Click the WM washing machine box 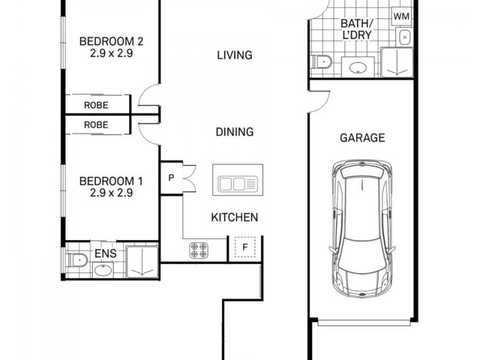(x=401, y=16)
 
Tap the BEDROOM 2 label (x=111, y=41)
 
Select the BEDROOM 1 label (x=111, y=181)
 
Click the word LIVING (x=235, y=55)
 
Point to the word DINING (x=235, y=132)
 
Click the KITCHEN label (x=235, y=217)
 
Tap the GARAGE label (x=362, y=138)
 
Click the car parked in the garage (x=362, y=229)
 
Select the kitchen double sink (x=238, y=184)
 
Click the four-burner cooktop (x=199, y=250)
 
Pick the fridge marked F (x=245, y=247)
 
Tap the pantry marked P (x=172, y=178)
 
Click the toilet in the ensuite (x=77, y=260)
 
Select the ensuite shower (x=142, y=262)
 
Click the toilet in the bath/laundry (x=321, y=62)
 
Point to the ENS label (x=106, y=253)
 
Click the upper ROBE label (x=96, y=106)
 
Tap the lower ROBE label (x=96, y=125)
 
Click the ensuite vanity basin (x=103, y=270)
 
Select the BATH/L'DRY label (x=357, y=29)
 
